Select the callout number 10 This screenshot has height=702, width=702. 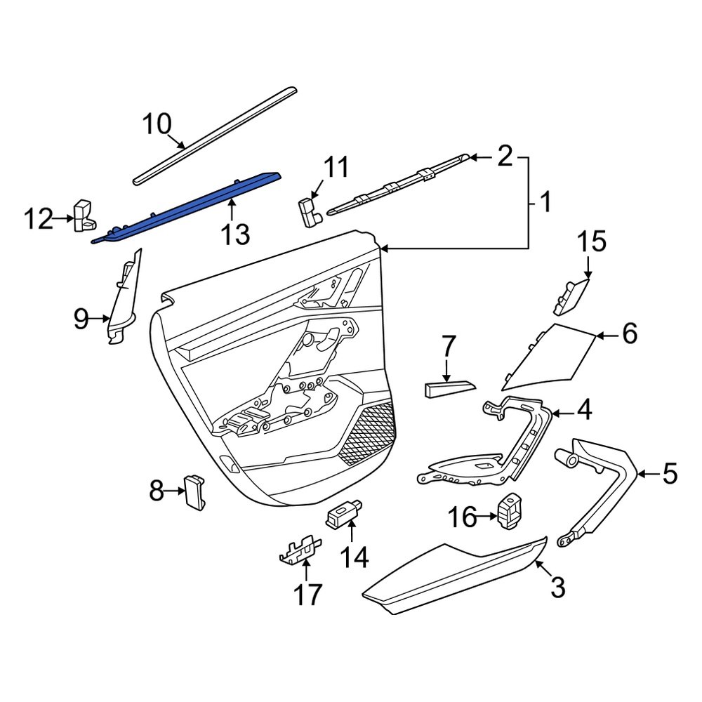coord(157,124)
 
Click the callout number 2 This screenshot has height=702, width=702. coord(505,156)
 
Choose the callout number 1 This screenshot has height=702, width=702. coord(545,204)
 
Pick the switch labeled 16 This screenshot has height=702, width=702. coord(510,510)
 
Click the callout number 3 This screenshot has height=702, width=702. coord(557,587)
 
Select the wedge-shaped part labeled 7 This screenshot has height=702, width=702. coord(448,388)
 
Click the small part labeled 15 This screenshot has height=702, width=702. coord(570,297)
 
